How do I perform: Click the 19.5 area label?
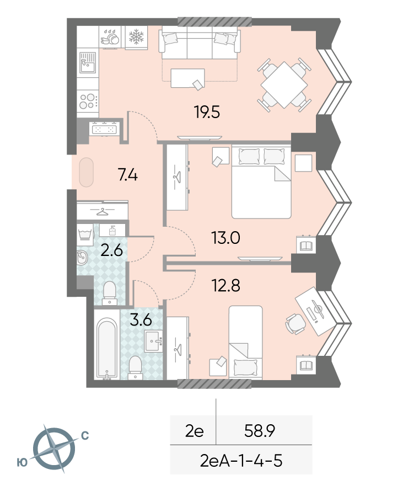pos(207,112)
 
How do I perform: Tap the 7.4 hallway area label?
pos(128,175)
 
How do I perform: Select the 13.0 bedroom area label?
pos(225,238)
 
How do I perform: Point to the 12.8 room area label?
pos(226,286)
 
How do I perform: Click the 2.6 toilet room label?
pos(111,251)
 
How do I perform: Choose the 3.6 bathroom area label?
pos(141,320)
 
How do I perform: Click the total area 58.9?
pos(260,431)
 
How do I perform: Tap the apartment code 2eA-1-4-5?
pos(241,461)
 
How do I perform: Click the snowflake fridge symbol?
pos(136,36)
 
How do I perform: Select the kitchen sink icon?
pos(88,62)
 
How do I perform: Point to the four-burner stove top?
pos(88,101)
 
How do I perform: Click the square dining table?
pos(284,85)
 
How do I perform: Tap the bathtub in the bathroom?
pos(107,348)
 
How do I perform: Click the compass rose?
pos(54,449)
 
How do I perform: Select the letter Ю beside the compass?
pos(22,462)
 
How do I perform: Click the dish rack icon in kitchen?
pos(110,38)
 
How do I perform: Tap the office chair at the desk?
pos(296,324)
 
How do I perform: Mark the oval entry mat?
pos(86,172)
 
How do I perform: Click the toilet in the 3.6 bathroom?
pos(135,368)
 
